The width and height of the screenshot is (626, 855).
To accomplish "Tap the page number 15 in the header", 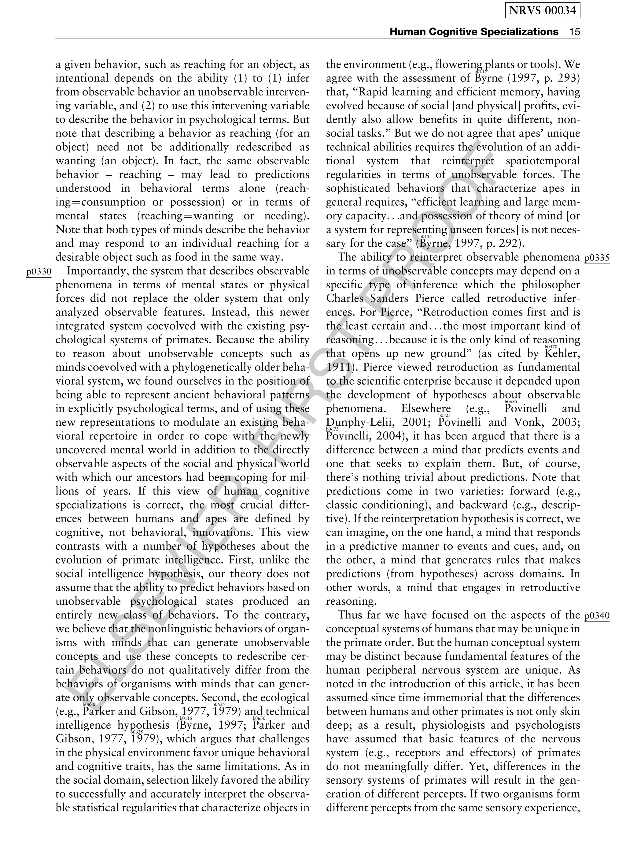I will tap(574, 32).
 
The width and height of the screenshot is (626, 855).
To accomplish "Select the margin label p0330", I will tap(39, 272).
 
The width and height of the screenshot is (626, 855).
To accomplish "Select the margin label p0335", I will tap(597, 258).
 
